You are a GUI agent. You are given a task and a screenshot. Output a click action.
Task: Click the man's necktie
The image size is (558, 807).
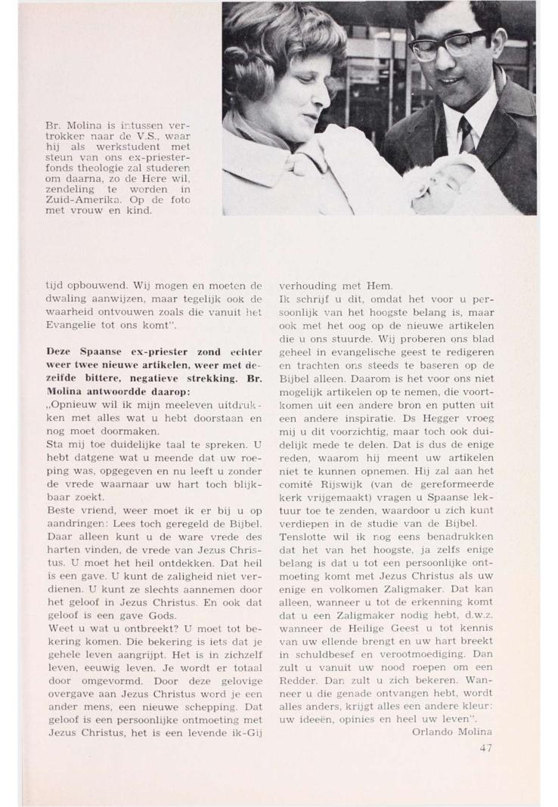click(x=467, y=134)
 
